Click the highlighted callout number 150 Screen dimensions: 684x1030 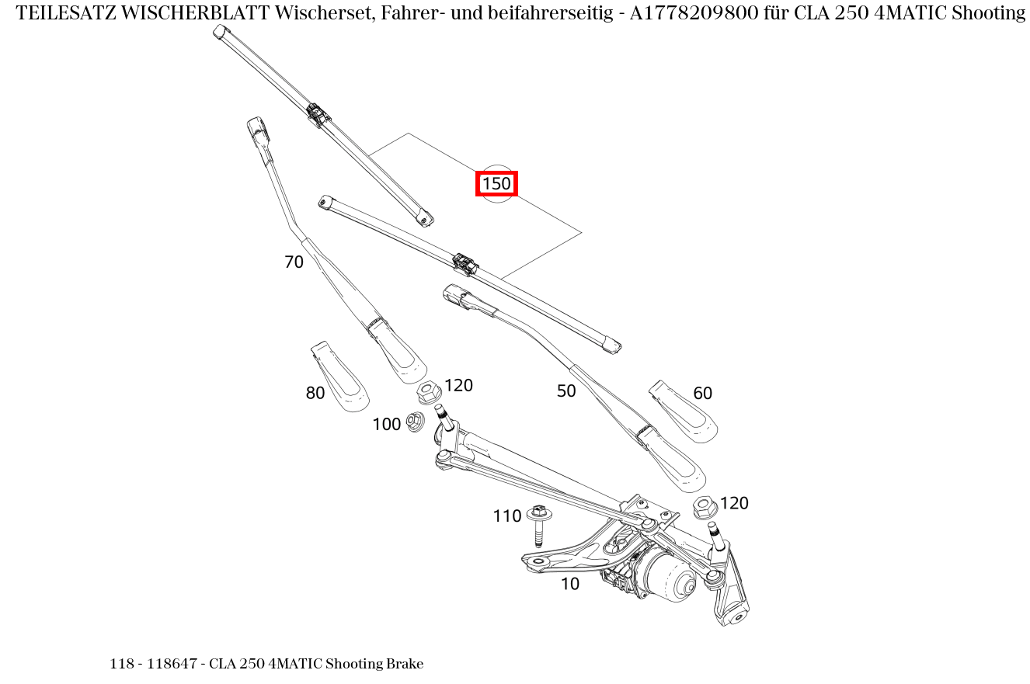click(x=496, y=184)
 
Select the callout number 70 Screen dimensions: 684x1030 click(x=294, y=262)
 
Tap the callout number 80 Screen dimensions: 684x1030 click(x=315, y=394)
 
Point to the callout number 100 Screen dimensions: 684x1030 click(x=386, y=425)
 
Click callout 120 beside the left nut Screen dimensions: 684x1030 click(x=458, y=386)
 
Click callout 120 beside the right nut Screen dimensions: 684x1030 click(x=734, y=503)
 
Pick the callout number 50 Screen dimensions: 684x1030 click(x=566, y=391)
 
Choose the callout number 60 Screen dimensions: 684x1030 click(x=702, y=394)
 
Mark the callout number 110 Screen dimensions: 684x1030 click(x=506, y=516)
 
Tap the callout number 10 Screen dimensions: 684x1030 click(x=570, y=584)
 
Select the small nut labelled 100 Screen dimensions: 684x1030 click(x=415, y=422)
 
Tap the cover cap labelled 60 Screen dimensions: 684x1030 click(x=684, y=413)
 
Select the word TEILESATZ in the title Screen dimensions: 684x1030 click(x=67, y=13)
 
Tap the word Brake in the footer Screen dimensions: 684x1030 click(x=405, y=664)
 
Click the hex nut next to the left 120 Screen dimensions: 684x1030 click(x=428, y=392)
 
